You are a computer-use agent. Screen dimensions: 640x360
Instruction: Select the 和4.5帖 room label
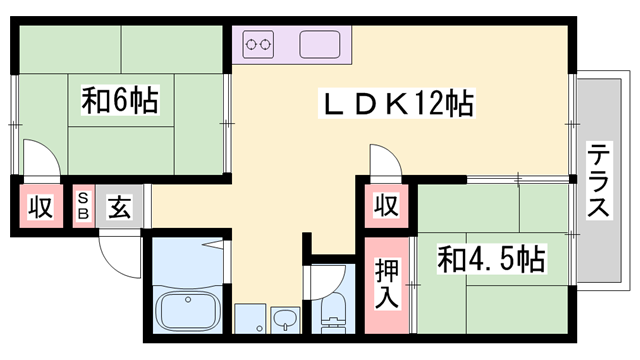490,260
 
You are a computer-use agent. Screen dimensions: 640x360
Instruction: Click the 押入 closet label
387,282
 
